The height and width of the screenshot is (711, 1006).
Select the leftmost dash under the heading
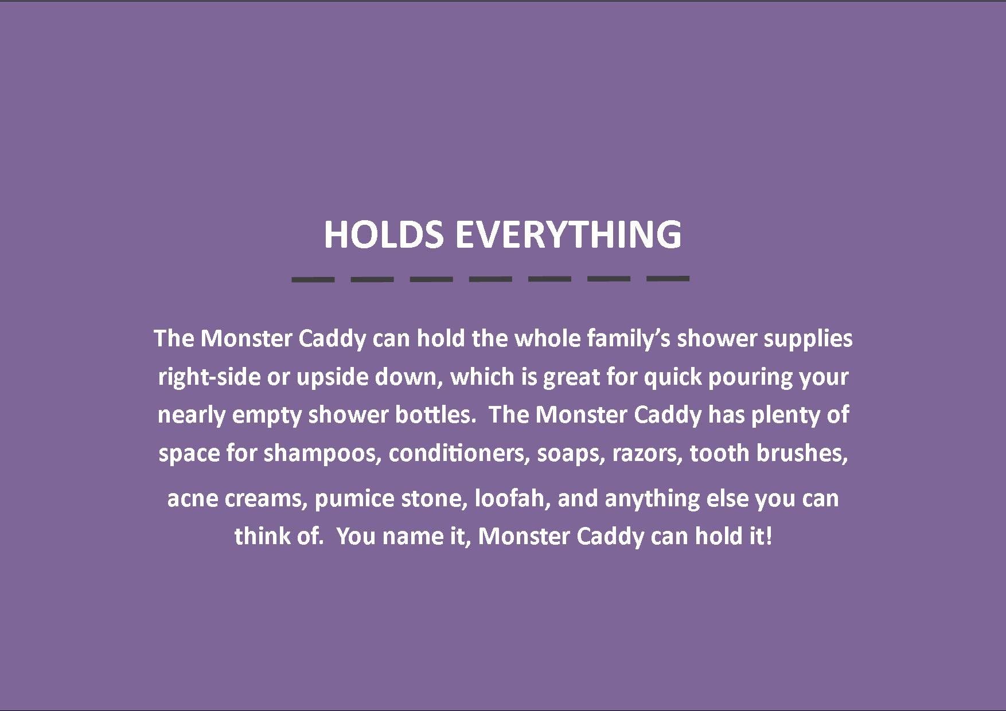(313, 279)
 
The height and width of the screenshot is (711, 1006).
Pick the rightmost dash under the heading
(668, 279)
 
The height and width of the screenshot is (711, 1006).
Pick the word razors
(647, 453)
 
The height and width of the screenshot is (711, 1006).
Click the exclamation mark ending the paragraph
(769, 536)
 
